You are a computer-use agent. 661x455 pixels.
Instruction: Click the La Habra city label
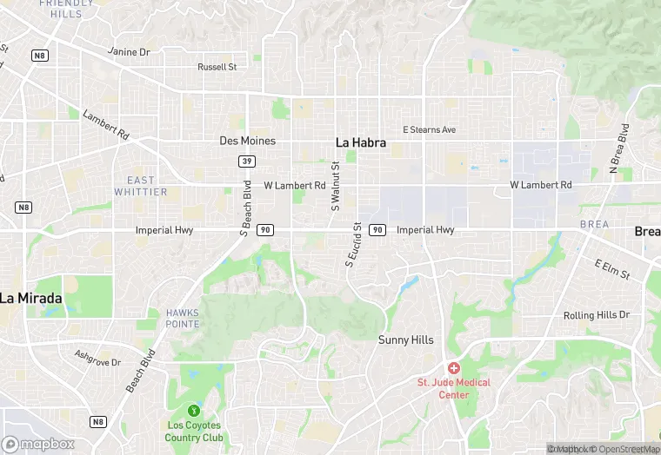tap(360, 142)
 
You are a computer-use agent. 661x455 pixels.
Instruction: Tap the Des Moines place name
tap(247, 141)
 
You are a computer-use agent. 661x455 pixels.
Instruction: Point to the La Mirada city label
tap(31, 298)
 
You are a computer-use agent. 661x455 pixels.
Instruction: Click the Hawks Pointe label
tap(183, 318)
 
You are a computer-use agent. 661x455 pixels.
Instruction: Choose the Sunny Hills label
tap(405, 340)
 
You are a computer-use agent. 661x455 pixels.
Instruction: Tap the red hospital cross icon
tap(454, 368)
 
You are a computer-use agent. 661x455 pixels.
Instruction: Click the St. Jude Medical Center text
tap(454, 388)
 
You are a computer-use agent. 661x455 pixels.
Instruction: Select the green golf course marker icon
tap(194, 410)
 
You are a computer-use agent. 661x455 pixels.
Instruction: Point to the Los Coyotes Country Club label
tap(194, 432)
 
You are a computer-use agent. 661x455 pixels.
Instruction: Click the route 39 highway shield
tap(248, 162)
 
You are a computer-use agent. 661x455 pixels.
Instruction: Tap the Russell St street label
tap(217, 67)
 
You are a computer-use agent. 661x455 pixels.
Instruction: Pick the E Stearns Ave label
tap(429, 130)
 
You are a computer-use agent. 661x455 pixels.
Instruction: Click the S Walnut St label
tap(336, 185)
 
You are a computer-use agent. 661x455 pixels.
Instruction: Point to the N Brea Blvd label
tap(619, 148)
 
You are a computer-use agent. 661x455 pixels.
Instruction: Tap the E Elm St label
tap(611, 269)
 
